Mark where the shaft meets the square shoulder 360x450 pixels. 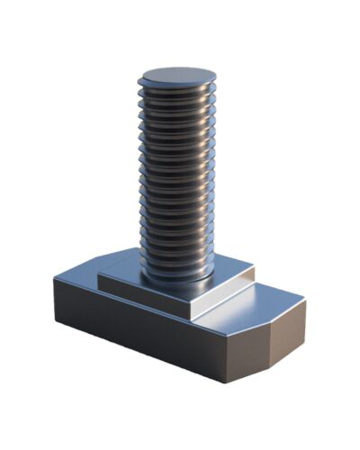(176, 274)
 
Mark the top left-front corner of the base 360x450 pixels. (55, 280)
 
